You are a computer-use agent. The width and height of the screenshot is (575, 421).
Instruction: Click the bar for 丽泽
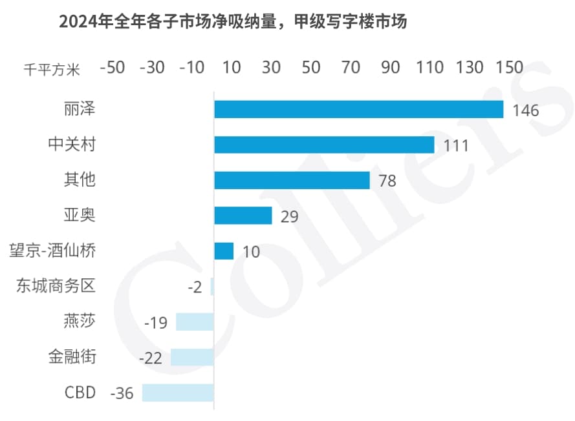[x=358, y=109]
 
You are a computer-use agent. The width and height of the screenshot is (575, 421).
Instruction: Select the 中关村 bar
[x=324, y=145]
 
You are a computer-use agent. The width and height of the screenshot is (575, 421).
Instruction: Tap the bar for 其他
[x=292, y=180]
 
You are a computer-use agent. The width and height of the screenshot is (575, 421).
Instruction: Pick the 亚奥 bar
[x=243, y=215]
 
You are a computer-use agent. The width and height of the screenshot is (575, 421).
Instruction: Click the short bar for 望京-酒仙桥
[x=224, y=251]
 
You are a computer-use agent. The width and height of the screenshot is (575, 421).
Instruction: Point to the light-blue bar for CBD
[x=178, y=393]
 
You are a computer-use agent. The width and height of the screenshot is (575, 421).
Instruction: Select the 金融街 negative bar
[x=192, y=357]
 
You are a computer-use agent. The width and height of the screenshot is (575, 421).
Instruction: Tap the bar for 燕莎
[x=195, y=322]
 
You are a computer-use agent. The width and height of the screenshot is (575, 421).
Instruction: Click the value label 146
[x=525, y=110]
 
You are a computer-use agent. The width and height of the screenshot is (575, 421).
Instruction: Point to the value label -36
[x=122, y=393]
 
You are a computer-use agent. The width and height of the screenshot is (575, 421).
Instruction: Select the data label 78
[x=387, y=181]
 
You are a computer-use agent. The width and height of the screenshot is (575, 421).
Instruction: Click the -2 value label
[x=195, y=287]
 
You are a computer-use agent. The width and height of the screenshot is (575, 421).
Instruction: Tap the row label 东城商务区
[x=56, y=285]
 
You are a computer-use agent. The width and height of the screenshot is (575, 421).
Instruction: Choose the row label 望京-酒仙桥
[x=53, y=250]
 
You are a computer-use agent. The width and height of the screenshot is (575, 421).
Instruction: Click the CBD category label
[x=80, y=392]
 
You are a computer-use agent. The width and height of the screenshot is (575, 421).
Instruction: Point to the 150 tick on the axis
[x=509, y=67]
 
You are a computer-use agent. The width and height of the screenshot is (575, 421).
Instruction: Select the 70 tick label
[x=351, y=67]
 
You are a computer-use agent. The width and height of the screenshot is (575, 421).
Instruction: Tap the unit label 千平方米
[x=52, y=69]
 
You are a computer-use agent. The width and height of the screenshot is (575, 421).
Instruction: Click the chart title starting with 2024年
[x=232, y=22]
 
